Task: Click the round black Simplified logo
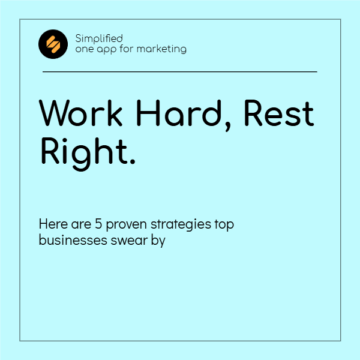point(53,44)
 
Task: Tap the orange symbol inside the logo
point(53,44)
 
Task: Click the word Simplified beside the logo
point(99,38)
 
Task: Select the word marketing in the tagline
point(161,49)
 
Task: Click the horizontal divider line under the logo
point(180,71)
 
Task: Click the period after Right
point(132,162)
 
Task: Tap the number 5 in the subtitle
point(98,224)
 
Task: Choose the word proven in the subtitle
point(127,226)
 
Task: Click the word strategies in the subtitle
point(181,226)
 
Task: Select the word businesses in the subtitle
point(69,241)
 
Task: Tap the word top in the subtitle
point(224,226)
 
